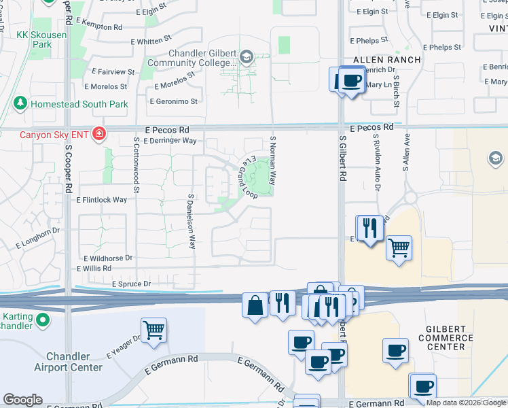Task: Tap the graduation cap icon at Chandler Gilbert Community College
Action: coord(246,57)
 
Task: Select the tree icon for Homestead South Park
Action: coord(20,104)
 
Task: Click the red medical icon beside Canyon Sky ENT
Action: coord(99,134)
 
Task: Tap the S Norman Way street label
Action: coord(273,160)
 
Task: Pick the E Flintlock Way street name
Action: coord(102,200)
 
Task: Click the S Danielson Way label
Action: coord(192,222)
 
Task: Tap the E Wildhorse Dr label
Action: coord(109,258)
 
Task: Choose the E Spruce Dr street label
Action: coord(126,284)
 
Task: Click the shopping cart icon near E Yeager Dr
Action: coord(154,330)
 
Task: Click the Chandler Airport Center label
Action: coord(74,362)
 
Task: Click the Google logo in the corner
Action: coord(22,400)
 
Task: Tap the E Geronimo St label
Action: coord(173,101)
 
